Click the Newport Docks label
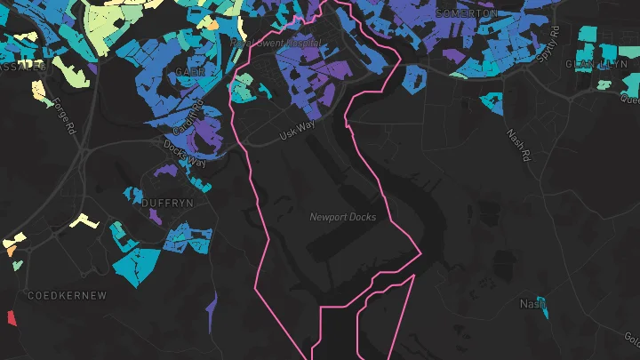(x=342, y=217)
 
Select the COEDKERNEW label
(x=67, y=294)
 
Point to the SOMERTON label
(x=468, y=13)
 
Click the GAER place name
(x=190, y=71)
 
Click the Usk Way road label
(x=297, y=130)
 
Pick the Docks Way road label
(x=184, y=157)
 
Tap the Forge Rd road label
(x=64, y=116)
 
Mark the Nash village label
(x=531, y=304)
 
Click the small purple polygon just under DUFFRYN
(x=156, y=216)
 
